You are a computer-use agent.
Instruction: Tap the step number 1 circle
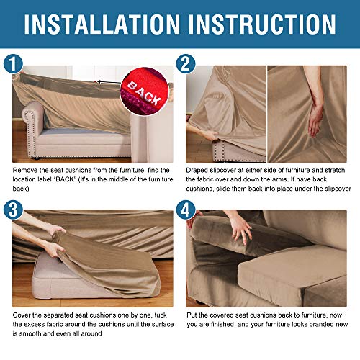[x=13, y=65]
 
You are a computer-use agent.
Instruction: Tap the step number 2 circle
[x=186, y=65]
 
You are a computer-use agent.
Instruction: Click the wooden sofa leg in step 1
[x=27, y=153]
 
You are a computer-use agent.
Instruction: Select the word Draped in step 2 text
[x=198, y=169]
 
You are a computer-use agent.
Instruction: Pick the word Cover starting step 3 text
[x=22, y=314]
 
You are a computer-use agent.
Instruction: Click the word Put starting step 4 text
[x=192, y=314]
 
